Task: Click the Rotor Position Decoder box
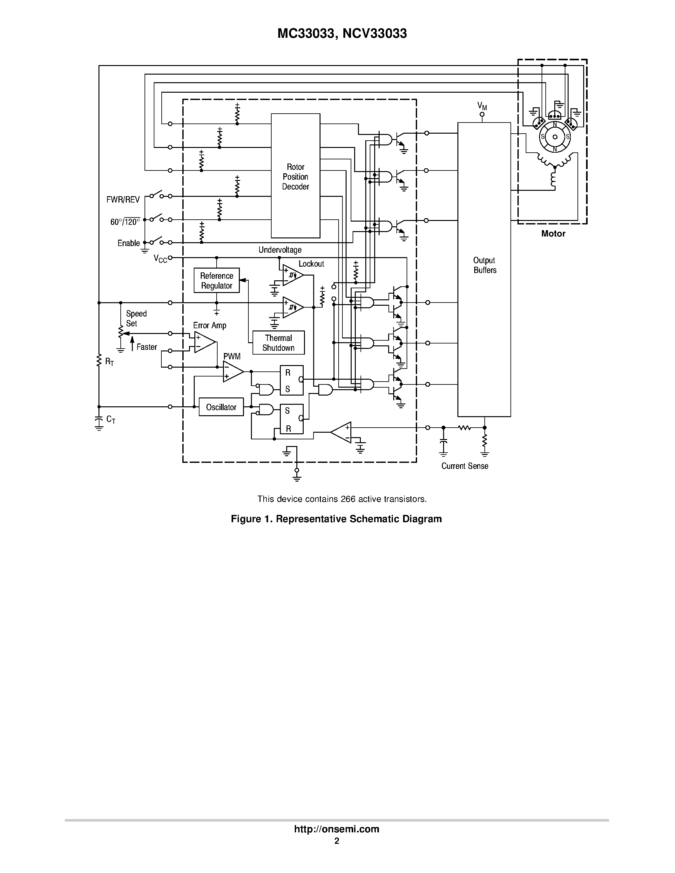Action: [x=295, y=176]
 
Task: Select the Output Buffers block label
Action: [x=485, y=265]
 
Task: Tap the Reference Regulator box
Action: [x=216, y=280]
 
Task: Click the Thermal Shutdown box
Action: [x=278, y=343]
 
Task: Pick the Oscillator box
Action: [x=221, y=407]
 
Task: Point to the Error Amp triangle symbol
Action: [x=204, y=342]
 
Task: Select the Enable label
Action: [x=128, y=243]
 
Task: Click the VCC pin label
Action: [x=160, y=259]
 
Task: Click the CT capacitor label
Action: [x=111, y=419]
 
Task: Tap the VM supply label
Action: [x=482, y=106]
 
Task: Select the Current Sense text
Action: [x=465, y=466]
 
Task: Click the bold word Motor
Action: [x=553, y=233]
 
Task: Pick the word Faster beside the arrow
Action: [x=147, y=347]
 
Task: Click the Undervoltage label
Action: [x=280, y=250]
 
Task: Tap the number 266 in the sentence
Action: [x=348, y=499]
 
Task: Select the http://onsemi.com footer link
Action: [x=337, y=829]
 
